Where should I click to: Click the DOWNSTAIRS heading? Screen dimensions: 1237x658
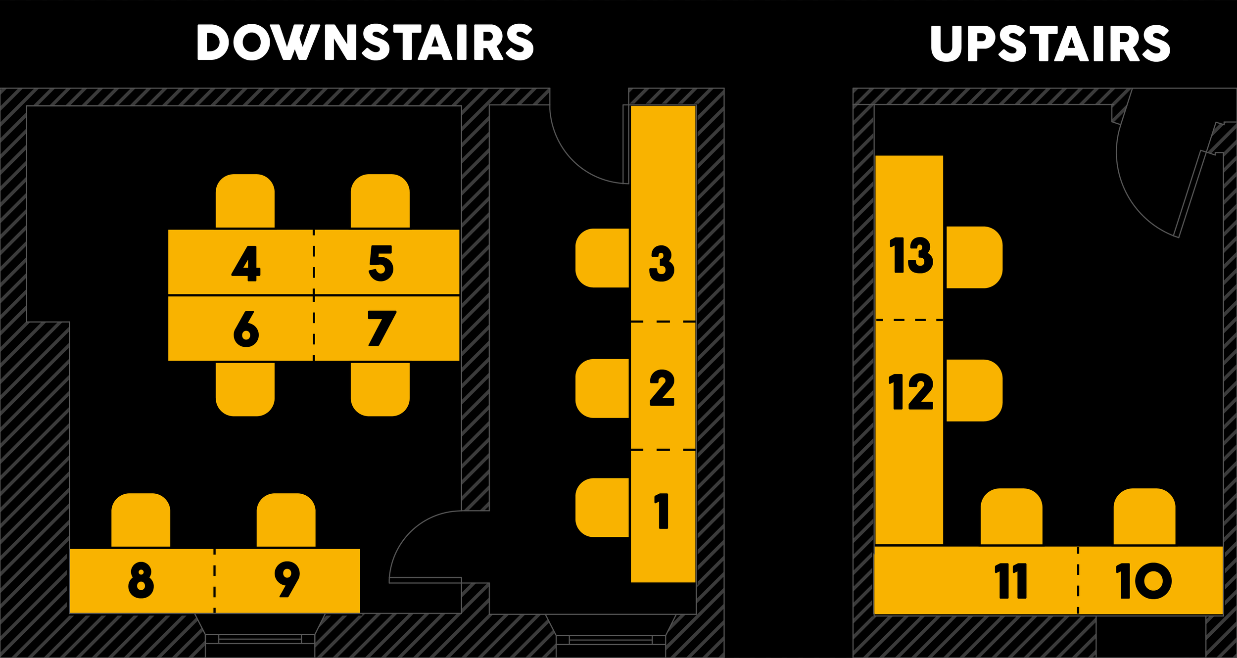[x=365, y=43]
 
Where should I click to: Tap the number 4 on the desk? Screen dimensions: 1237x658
[x=246, y=263]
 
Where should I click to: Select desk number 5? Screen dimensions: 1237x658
[x=381, y=263]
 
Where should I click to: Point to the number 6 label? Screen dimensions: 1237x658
[x=246, y=329]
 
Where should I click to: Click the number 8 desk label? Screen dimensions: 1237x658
[x=141, y=580]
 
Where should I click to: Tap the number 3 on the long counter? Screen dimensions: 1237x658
[x=662, y=264]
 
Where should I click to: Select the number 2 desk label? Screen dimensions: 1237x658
[x=662, y=388]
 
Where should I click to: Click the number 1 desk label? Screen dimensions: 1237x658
[x=662, y=511]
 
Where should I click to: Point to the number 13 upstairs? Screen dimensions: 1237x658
[x=911, y=255]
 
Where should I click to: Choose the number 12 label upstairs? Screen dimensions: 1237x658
[x=911, y=391]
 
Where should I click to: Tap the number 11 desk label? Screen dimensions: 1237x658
[x=1010, y=581]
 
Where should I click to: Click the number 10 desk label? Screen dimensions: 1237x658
[x=1143, y=581]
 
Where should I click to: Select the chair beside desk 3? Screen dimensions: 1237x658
[x=602, y=258]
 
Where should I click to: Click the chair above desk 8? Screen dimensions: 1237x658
[x=141, y=520]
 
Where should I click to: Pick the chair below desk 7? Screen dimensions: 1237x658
[x=380, y=389]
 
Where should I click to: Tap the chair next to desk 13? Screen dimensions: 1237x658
[x=974, y=257]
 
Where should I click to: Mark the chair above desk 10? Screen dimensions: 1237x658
[x=1144, y=517]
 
